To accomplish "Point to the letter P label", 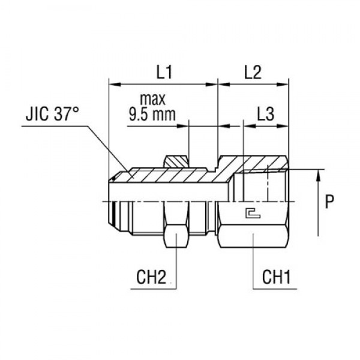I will click(x=329, y=203).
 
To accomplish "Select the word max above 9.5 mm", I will click(x=154, y=98).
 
